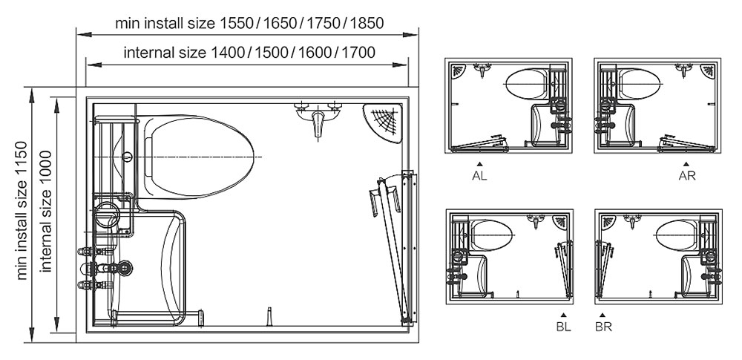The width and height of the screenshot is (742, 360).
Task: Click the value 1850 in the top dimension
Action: (x=365, y=22)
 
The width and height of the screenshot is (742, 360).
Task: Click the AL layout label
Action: (x=480, y=176)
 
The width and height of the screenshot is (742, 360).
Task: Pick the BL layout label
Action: (x=564, y=326)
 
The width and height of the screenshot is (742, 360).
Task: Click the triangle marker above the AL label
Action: (x=480, y=163)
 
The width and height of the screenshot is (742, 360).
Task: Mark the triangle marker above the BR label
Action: (x=603, y=314)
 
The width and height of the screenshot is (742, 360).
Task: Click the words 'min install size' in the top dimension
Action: (x=165, y=22)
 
